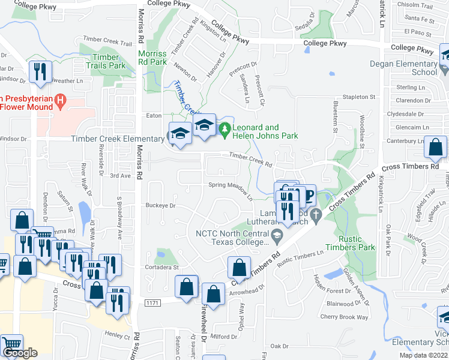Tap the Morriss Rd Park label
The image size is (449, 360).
(x=152, y=58)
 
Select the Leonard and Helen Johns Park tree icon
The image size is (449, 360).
(x=224, y=128)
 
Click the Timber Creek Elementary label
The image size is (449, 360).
(x=118, y=139)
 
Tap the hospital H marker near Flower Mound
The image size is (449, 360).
(x=60, y=100)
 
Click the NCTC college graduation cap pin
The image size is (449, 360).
(x=276, y=234)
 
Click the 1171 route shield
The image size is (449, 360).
(x=152, y=304)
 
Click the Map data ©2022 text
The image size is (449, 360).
(x=423, y=355)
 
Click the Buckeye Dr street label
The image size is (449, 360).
(x=160, y=205)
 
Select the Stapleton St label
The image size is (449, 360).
(x=358, y=96)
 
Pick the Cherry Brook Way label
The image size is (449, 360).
(x=344, y=317)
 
